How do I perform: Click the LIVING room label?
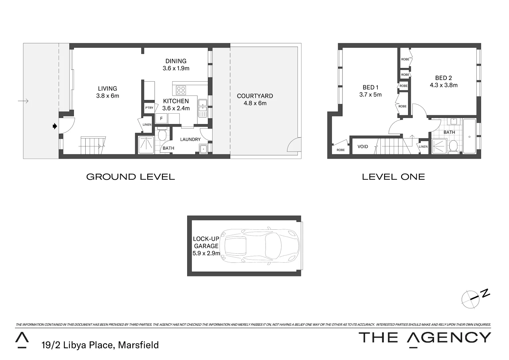(x=107, y=89)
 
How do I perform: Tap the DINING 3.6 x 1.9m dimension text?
(x=176, y=68)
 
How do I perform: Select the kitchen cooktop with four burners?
(x=181, y=90)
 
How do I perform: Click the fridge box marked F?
(x=161, y=119)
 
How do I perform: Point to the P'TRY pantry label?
(x=149, y=108)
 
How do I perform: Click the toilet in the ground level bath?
(x=162, y=135)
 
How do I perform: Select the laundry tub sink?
(x=203, y=149)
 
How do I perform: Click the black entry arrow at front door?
(x=55, y=126)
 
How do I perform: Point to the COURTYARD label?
(x=255, y=96)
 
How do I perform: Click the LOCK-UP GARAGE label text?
(x=206, y=242)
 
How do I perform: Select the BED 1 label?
(x=370, y=87)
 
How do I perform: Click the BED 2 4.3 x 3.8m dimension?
(x=443, y=85)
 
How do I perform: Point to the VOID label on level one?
(x=363, y=147)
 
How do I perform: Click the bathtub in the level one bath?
(x=469, y=136)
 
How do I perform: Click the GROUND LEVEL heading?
(x=130, y=177)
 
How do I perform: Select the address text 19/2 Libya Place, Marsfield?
(x=100, y=345)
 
